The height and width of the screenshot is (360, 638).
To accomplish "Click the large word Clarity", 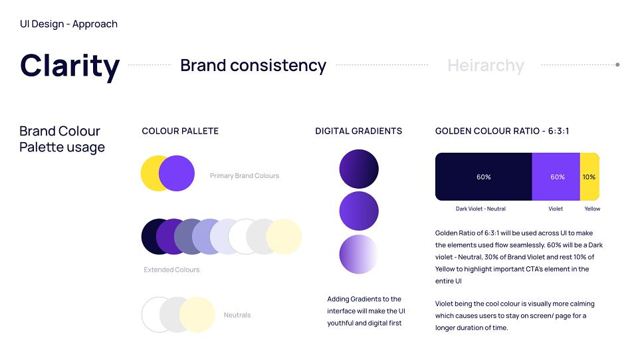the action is pyautogui.click(x=70, y=66).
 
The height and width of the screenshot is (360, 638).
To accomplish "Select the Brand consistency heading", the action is pyautogui.click(x=253, y=66).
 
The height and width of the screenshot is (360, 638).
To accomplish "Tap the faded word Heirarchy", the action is pyautogui.click(x=486, y=66).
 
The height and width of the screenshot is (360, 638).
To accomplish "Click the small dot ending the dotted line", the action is pyautogui.click(x=617, y=64).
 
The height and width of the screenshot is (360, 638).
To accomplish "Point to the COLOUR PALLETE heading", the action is pyautogui.click(x=180, y=131).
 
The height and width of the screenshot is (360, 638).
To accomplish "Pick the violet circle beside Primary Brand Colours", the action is pyautogui.click(x=177, y=173).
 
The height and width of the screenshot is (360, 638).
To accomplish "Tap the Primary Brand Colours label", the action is pyautogui.click(x=245, y=176).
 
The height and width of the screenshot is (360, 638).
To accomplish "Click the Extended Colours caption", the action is pyautogui.click(x=171, y=270).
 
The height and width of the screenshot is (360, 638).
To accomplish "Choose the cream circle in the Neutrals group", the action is pyautogui.click(x=197, y=315).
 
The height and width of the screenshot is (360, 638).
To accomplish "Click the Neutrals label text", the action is pyautogui.click(x=237, y=315).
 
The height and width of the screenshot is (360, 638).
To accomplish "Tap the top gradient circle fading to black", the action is pyautogui.click(x=359, y=169).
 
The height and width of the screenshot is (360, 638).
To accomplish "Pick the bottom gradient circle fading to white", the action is pyautogui.click(x=359, y=254).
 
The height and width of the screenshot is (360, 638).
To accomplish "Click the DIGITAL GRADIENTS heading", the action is pyautogui.click(x=358, y=131).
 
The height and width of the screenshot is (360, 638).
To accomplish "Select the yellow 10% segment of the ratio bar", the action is pyautogui.click(x=589, y=177).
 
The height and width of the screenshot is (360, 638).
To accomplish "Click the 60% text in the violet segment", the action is pyautogui.click(x=558, y=177).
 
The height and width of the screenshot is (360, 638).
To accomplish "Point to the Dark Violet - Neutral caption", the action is pyautogui.click(x=480, y=209).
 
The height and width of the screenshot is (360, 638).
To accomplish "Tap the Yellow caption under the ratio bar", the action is pyautogui.click(x=592, y=209).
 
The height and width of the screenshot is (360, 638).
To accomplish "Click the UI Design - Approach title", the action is pyautogui.click(x=68, y=25).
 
